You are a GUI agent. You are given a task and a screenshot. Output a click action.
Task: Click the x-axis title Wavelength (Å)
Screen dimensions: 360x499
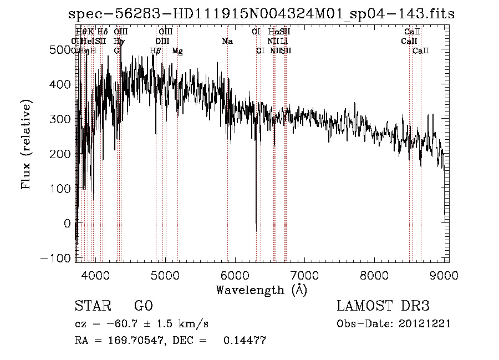pos(261,290)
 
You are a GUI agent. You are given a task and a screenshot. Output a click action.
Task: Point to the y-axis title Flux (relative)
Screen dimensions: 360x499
pos(26,144)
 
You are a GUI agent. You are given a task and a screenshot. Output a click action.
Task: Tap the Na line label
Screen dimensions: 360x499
pos(227,41)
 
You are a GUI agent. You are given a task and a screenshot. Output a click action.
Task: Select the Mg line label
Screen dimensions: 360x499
pos(177,51)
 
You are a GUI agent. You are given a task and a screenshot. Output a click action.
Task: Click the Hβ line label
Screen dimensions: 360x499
pos(155,51)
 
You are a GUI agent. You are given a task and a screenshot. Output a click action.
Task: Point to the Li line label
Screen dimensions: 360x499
pos(284,41)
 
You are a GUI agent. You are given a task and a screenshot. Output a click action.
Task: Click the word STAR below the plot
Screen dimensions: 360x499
pos(92,306)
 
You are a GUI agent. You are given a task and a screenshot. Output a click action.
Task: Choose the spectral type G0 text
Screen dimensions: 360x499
pos(143,306)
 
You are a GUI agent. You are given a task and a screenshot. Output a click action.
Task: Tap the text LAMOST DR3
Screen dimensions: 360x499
pos(383,306)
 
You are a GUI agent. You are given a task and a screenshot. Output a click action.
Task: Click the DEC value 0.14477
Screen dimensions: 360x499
pos(245,341)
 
